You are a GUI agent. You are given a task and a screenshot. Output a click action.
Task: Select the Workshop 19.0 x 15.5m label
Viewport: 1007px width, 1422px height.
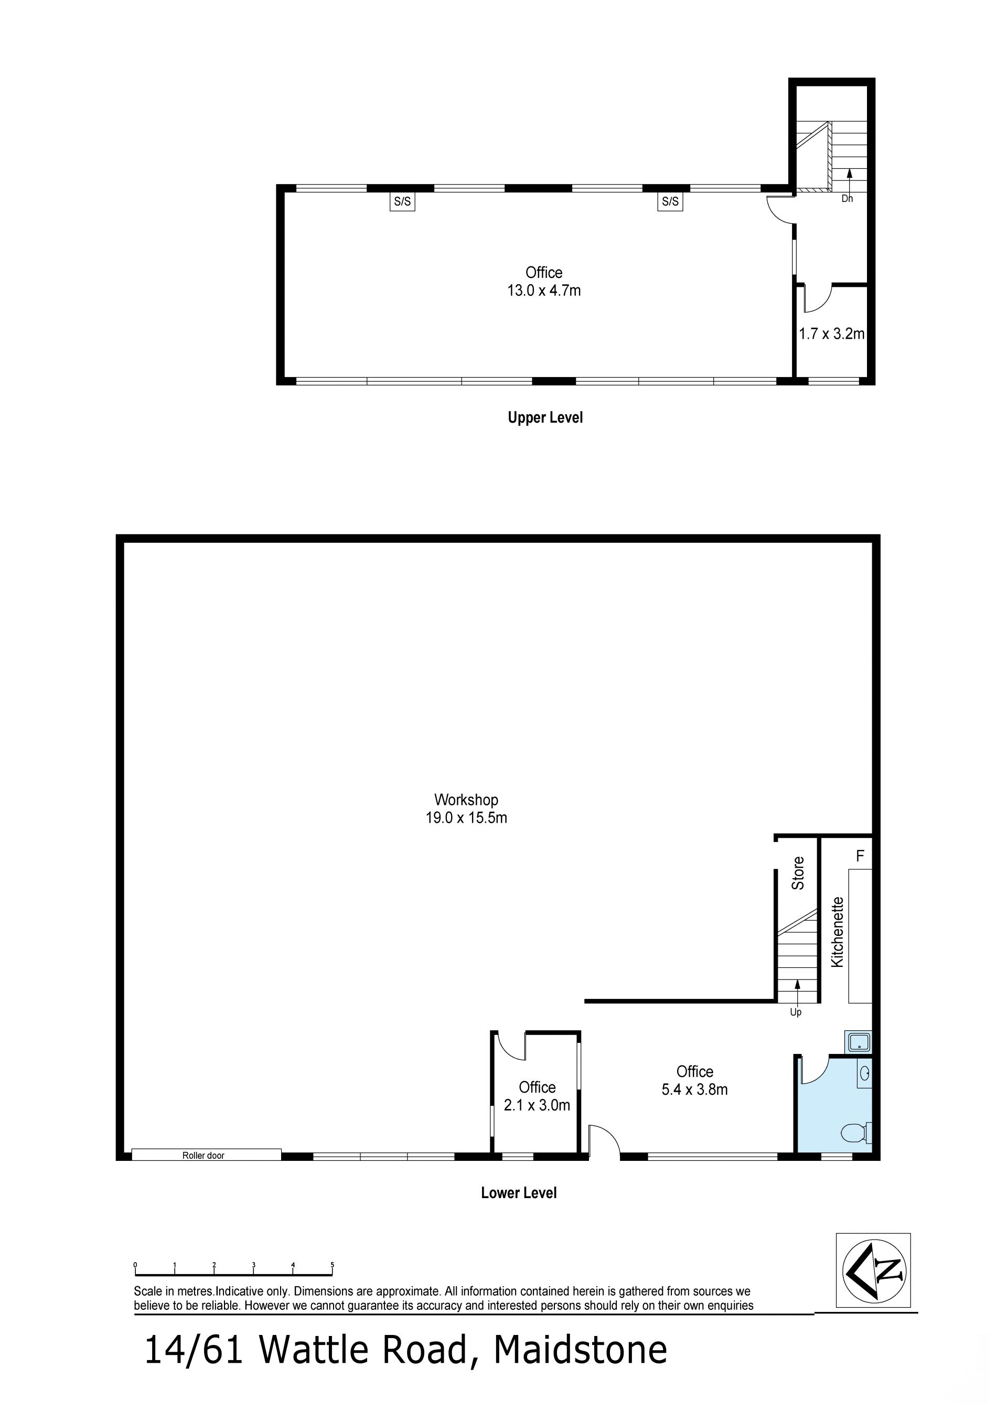(x=466, y=809)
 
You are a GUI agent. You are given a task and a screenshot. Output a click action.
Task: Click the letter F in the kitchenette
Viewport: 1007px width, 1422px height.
(x=860, y=856)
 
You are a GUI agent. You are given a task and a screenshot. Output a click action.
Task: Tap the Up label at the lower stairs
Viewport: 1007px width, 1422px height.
(x=796, y=1012)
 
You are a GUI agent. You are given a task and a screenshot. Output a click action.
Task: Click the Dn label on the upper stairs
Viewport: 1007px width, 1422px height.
(x=847, y=199)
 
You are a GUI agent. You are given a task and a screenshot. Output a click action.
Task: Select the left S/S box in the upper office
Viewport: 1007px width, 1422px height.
(x=402, y=201)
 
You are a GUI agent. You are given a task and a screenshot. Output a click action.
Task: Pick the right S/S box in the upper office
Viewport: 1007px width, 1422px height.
(x=670, y=201)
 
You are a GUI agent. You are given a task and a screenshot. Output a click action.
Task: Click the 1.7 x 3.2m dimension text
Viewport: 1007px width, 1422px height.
(x=831, y=334)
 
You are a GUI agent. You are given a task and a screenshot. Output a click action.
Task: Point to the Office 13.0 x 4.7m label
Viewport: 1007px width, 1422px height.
(x=544, y=282)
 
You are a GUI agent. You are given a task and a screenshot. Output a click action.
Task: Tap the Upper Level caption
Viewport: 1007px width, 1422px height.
(x=545, y=418)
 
